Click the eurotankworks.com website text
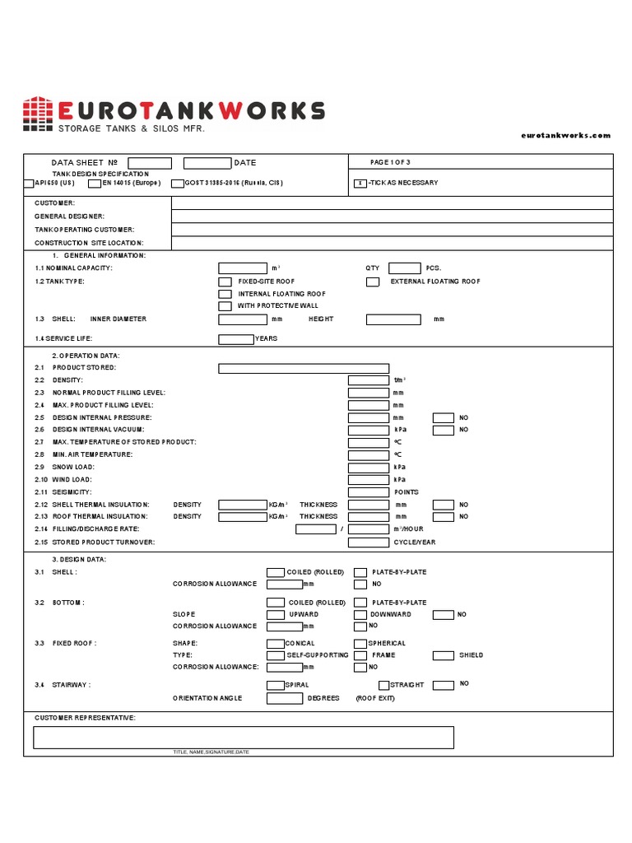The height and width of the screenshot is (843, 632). pyautogui.click(x=566, y=135)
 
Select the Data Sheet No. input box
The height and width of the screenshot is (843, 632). pyautogui.click(x=150, y=163)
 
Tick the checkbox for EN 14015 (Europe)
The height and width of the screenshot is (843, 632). pyautogui.click(x=94, y=184)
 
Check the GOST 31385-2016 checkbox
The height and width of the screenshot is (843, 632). pyautogui.click(x=177, y=184)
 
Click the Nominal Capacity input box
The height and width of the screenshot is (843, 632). pyautogui.click(x=243, y=268)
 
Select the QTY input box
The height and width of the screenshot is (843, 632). pyautogui.click(x=404, y=268)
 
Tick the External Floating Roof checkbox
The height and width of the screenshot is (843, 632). pyautogui.click(x=373, y=282)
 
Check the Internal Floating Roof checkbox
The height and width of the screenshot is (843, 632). pyautogui.click(x=225, y=294)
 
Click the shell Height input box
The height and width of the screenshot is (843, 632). pyautogui.click(x=393, y=319)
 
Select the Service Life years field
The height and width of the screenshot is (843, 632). pyautogui.click(x=236, y=339)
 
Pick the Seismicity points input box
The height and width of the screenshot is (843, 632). pyautogui.click(x=369, y=492)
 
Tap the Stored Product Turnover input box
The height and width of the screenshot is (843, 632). pyautogui.click(x=369, y=543)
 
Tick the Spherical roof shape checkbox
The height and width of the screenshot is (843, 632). pyautogui.click(x=360, y=644)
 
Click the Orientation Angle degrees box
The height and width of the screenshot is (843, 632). pyautogui.click(x=285, y=698)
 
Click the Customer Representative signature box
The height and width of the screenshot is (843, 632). pyautogui.click(x=243, y=737)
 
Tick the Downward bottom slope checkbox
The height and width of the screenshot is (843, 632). pyautogui.click(x=360, y=615)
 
